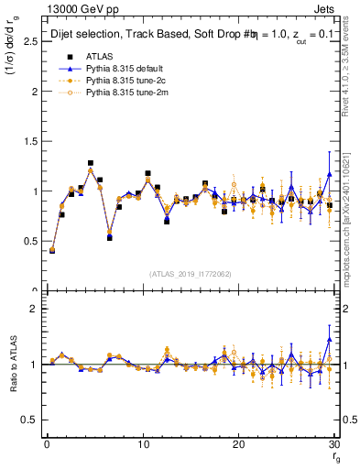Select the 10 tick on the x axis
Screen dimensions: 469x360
(x=142, y=443)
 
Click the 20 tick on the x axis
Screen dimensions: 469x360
(x=238, y=443)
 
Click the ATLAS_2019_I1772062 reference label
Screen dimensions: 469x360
(x=190, y=274)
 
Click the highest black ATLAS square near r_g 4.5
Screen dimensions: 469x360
(x=90, y=164)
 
